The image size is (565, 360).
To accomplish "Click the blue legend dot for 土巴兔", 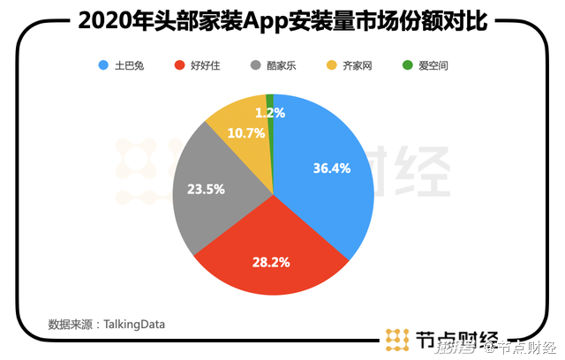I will pyautogui.click(x=104, y=65).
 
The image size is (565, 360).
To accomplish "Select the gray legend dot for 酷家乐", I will pyautogui.click(x=256, y=65).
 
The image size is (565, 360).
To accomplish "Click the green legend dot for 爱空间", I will pyautogui.click(x=407, y=65).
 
